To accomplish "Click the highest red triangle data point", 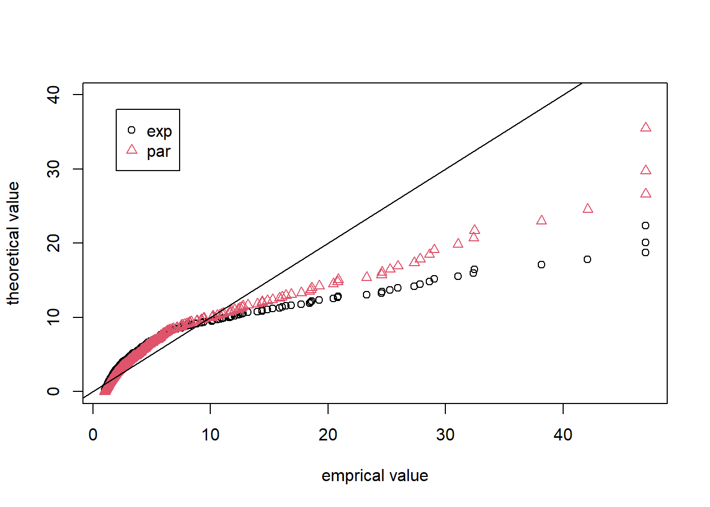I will click(x=646, y=127).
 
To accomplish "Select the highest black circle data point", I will click(x=646, y=226).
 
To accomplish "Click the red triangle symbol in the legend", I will click(x=132, y=150).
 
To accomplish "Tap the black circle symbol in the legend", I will click(x=132, y=130).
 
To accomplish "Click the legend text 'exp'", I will click(x=159, y=131).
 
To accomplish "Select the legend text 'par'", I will click(x=158, y=152).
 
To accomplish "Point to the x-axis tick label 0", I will click(x=93, y=435).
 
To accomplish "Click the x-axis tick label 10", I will click(x=210, y=435).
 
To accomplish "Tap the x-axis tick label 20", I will click(x=328, y=435).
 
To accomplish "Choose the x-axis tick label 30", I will click(x=445, y=435).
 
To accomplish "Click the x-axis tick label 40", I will click(x=563, y=435).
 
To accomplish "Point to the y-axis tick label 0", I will click(x=53, y=391).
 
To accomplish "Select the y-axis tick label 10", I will click(x=53, y=317).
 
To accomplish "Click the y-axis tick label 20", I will click(x=53, y=243).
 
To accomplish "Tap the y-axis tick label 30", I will click(x=53, y=169).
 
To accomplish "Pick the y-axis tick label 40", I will click(x=53, y=95).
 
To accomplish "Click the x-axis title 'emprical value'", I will click(x=375, y=476).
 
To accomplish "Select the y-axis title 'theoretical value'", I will click(x=13, y=243).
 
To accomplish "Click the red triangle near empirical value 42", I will click(x=588, y=209).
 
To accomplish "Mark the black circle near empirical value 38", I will click(x=541, y=265).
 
